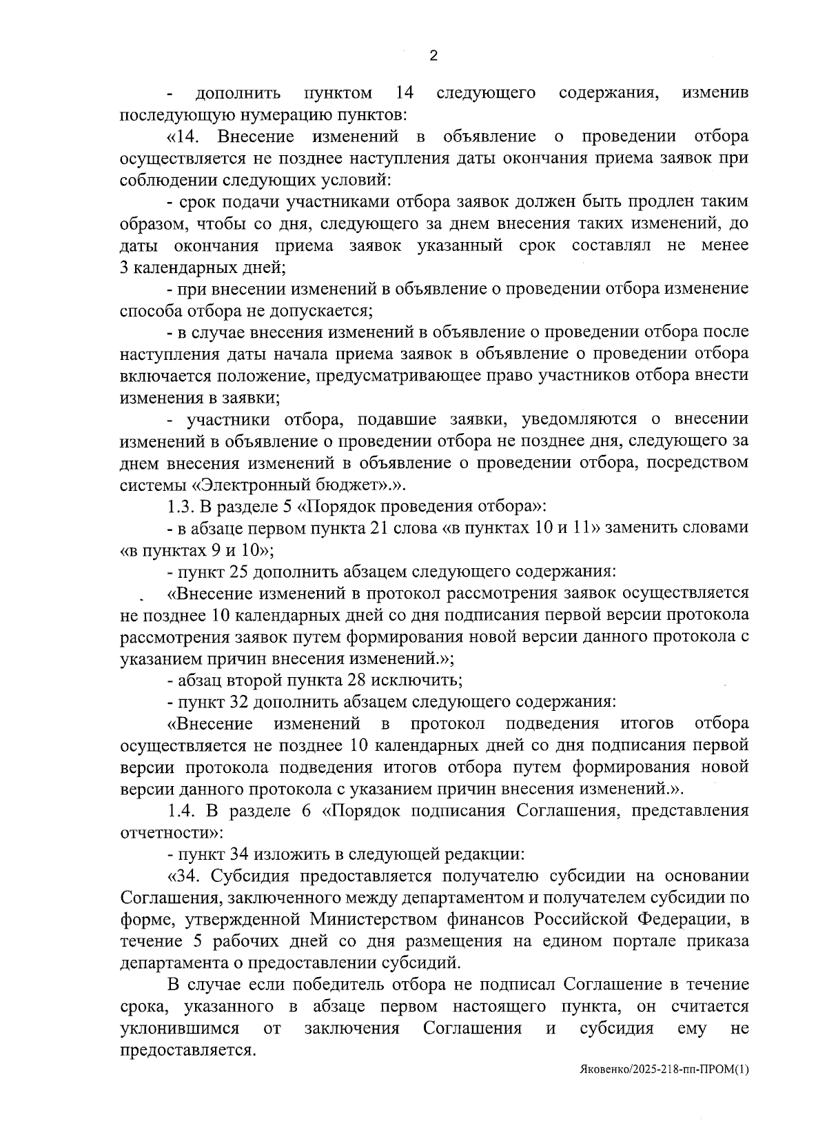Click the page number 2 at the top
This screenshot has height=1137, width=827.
click(x=433, y=57)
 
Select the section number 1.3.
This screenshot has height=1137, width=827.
click(x=181, y=506)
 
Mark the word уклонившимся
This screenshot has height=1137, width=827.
click(x=180, y=1029)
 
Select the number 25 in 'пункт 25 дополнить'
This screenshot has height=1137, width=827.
click(x=238, y=572)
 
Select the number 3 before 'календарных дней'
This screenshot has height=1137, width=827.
click(x=124, y=268)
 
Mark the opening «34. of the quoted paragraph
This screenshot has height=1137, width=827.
click(x=185, y=876)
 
